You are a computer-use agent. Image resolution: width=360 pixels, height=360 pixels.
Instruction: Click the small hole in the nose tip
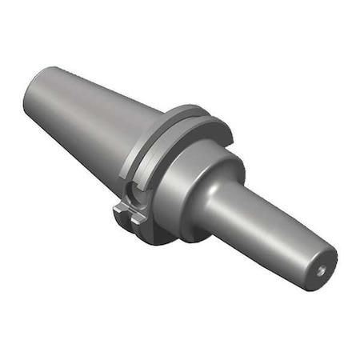(x=322, y=271)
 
